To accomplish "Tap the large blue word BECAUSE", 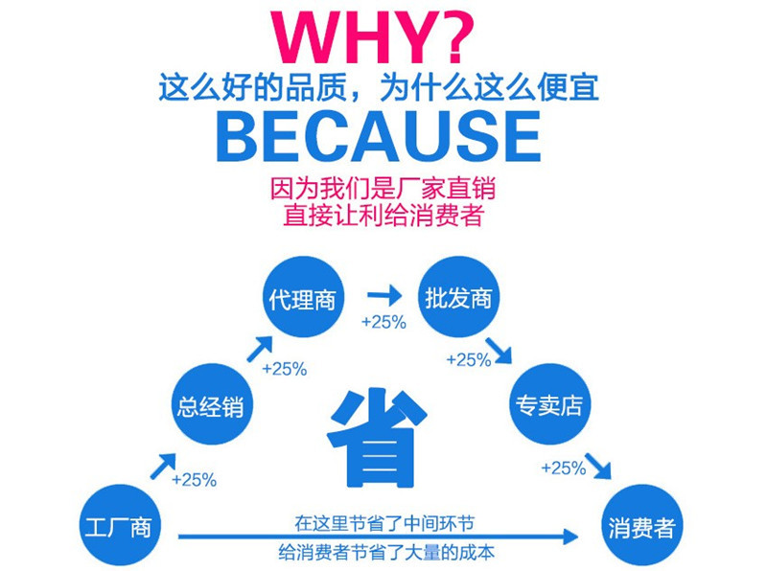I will coord(383,138).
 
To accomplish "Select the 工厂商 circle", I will coord(119,525).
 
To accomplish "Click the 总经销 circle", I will coord(210,405).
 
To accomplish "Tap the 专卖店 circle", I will coord(546,405).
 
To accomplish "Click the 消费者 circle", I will coord(641,527).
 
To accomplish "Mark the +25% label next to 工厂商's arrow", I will coord(194,479).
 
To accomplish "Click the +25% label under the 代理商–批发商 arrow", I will coord(383,323).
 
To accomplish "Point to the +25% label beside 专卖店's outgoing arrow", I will coord(563,468).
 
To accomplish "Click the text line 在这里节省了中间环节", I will coord(383,523).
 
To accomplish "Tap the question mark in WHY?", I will coord(444,39).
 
